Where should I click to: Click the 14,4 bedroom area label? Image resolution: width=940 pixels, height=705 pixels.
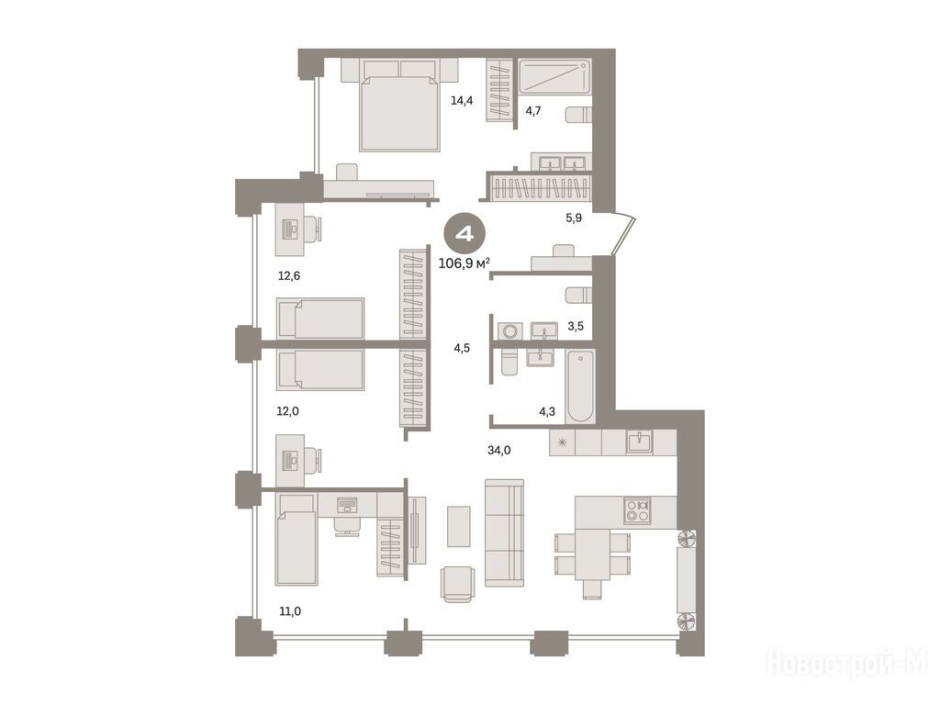click(462, 101)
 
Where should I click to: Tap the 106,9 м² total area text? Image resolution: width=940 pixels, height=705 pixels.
click(464, 263)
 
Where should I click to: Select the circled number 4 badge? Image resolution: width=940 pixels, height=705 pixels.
click(465, 234)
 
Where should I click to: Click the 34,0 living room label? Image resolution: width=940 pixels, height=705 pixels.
click(498, 450)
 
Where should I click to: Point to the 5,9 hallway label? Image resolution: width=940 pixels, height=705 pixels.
click(574, 218)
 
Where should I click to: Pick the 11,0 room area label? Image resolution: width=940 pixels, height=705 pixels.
click(290, 611)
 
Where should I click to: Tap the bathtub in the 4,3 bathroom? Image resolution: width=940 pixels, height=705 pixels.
click(580, 386)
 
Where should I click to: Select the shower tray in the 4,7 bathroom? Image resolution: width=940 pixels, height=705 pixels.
click(554, 77)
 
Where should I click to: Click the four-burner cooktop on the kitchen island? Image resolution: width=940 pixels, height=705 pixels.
click(637, 510)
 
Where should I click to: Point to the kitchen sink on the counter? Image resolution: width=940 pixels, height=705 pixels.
click(640, 442)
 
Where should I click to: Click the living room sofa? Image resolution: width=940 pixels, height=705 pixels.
click(504, 532)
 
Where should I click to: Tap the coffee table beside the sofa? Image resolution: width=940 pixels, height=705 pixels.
click(459, 526)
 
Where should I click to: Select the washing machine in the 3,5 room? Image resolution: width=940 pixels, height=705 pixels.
click(510, 331)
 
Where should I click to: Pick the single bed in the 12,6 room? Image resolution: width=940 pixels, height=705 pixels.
click(320, 318)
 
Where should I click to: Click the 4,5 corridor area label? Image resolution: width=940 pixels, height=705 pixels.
click(462, 348)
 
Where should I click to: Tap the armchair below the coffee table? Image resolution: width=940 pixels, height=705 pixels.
click(458, 583)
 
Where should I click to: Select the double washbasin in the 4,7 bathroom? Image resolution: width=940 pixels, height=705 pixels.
click(562, 162)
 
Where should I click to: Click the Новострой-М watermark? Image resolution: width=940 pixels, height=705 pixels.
click(847, 664)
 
